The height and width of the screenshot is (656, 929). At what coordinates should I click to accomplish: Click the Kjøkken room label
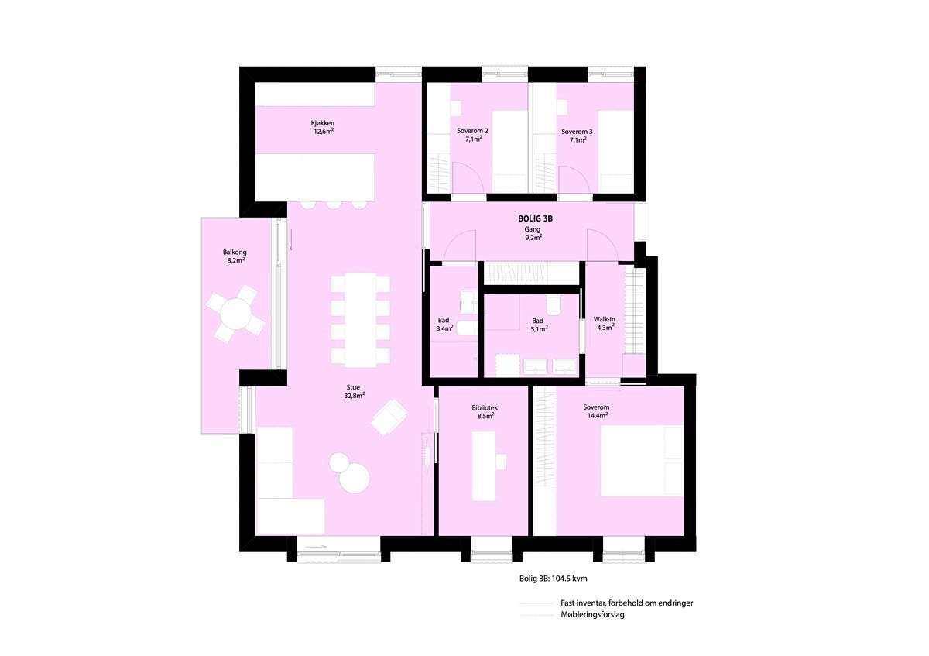pyautogui.click(x=323, y=127)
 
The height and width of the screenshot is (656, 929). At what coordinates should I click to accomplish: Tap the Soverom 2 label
pyautogui.click(x=471, y=136)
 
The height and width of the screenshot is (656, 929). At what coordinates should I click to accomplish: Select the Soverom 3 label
pyautogui.click(x=577, y=136)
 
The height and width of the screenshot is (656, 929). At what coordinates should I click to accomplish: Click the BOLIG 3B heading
pyautogui.click(x=535, y=219)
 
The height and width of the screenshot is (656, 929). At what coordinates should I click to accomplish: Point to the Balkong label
pyautogui.click(x=235, y=256)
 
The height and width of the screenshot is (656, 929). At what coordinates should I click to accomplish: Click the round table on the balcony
pyautogui.click(x=235, y=314)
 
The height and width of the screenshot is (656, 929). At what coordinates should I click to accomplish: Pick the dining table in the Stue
pyautogui.click(x=360, y=319)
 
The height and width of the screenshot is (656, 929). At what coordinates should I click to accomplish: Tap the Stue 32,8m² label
pyautogui.click(x=353, y=391)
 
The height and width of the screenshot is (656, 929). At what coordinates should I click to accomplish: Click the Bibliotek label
pyautogui.click(x=485, y=411)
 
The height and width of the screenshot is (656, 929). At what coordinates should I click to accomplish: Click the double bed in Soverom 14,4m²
pyautogui.click(x=642, y=460)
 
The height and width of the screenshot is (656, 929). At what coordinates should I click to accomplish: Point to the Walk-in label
pyautogui.click(x=605, y=323)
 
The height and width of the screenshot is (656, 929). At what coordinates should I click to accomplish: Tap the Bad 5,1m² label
pyautogui.click(x=537, y=325)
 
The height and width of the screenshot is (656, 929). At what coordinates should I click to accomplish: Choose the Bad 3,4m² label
pyautogui.click(x=443, y=325)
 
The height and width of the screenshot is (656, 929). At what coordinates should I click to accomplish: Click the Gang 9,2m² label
pyautogui.click(x=533, y=233)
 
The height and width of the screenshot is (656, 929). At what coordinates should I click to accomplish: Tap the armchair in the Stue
pyautogui.click(x=388, y=418)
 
